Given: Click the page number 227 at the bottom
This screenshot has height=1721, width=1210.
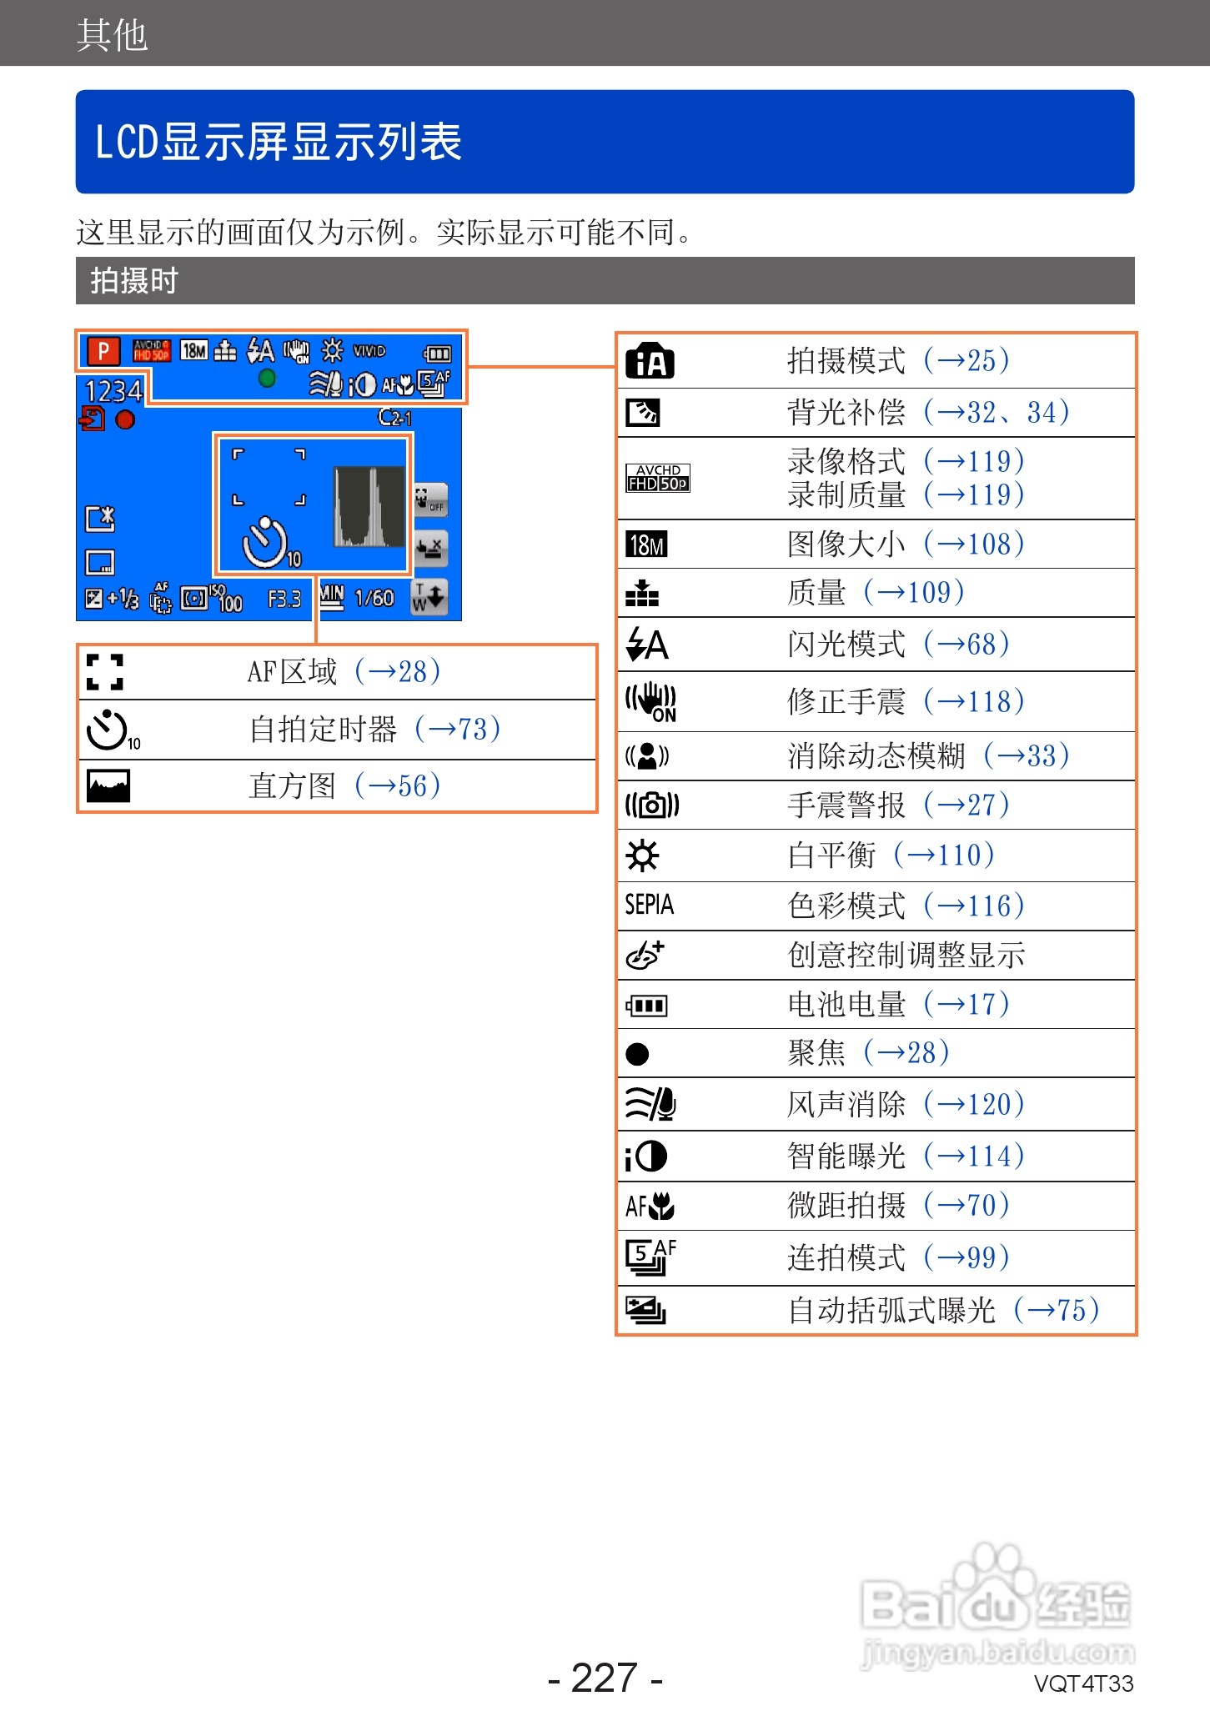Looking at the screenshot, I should pos(605,1678).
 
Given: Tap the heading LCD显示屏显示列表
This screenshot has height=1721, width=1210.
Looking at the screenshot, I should pos(279,142).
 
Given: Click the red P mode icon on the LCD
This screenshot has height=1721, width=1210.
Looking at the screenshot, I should pos(103,351).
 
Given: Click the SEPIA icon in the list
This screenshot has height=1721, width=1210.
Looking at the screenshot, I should pos(650,905).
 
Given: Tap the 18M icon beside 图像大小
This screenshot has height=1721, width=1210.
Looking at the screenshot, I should pos(647,545).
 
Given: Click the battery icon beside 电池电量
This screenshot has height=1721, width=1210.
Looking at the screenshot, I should pos(647,1006).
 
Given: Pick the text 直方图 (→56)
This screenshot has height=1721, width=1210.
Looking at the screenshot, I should pos(344,786).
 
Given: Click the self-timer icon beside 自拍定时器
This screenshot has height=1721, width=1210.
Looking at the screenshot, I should pos(109,730).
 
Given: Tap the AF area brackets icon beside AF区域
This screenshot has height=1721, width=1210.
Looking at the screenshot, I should pos(105,672).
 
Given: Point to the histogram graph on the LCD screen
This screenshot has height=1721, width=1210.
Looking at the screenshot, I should pos(369,507).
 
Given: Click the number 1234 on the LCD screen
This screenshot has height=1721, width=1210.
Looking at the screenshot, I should pos(113,391).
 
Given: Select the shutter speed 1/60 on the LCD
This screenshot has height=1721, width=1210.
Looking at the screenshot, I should pos(374,599).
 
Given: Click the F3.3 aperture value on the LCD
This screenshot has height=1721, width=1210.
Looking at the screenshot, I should pos(284,600).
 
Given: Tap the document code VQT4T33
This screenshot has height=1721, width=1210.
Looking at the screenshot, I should pos(1083,1684).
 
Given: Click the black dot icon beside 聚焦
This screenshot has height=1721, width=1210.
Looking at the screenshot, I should pos(637,1055).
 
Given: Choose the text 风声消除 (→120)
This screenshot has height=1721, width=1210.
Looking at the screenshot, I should pos(906,1105).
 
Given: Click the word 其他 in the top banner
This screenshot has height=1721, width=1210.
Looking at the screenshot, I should pos(112,35).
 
